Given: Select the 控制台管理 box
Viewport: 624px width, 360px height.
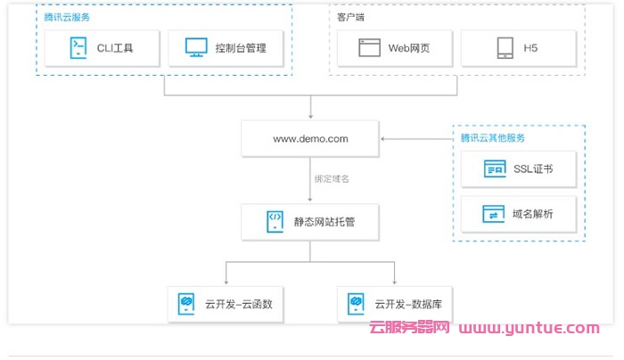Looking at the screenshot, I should pyautogui.click(x=226, y=48).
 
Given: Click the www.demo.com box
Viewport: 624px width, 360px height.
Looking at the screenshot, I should pyautogui.click(x=309, y=139).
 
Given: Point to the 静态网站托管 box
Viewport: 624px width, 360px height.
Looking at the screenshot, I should pyautogui.click(x=309, y=219).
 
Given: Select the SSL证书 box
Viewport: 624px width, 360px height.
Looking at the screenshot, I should pyautogui.click(x=518, y=168).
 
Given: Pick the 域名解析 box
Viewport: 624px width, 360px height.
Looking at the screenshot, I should pyautogui.click(x=518, y=215).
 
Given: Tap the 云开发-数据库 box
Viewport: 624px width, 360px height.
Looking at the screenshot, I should pyautogui.click(x=395, y=304).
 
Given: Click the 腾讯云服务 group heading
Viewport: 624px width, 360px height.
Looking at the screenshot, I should pyautogui.click(x=67, y=17).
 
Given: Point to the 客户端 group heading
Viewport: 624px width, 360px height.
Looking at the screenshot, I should pyautogui.click(x=350, y=17).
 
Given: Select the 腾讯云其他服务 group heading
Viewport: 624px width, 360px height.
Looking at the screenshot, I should pyautogui.click(x=492, y=137).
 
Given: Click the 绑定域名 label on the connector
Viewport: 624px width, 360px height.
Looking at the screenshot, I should pyautogui.click(x=332, y=179).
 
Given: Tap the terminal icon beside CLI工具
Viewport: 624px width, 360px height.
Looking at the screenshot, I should pyautogui.click(x=78, y=48).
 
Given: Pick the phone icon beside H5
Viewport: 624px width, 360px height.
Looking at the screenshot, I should pyautogui.click(x=504, y=48).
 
